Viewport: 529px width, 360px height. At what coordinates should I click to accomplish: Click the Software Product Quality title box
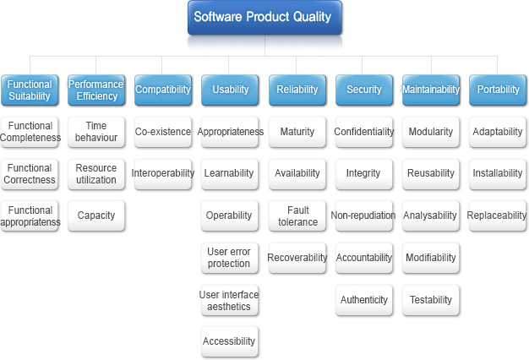264,18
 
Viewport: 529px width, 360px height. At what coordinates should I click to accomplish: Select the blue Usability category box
230,90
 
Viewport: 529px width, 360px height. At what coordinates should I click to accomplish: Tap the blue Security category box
364,90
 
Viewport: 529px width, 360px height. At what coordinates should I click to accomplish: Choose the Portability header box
498,90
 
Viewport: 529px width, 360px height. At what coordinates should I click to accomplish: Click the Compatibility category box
163,90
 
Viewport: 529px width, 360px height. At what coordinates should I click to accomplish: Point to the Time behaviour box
96,132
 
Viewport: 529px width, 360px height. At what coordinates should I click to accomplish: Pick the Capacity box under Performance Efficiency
96,215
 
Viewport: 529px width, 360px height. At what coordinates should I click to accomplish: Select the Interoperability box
163,174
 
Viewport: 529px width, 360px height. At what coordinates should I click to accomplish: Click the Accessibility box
230,341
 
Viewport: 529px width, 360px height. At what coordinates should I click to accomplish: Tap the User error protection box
230,258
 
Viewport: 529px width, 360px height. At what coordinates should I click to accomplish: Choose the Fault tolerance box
297,215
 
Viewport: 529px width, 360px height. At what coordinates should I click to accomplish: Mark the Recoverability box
297,258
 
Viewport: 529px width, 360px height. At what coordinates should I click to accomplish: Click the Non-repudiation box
364,215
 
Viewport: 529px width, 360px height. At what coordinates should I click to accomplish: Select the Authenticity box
364,300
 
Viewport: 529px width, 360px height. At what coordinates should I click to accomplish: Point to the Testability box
431,300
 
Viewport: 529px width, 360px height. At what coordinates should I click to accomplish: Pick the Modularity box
431,132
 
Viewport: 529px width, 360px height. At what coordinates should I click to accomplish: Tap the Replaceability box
498,215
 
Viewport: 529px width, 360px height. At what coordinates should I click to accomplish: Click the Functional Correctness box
30,174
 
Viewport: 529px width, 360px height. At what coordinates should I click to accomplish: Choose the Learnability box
230,174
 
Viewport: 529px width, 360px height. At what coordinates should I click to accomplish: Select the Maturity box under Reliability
297,132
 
